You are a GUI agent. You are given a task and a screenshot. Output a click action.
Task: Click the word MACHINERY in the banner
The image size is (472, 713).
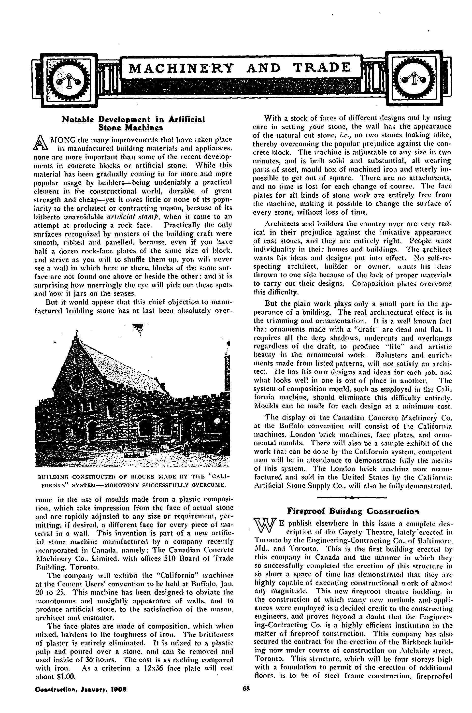[x=181, y=68]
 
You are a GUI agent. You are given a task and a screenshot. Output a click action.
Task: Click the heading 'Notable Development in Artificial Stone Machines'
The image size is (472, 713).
[x=133, y=123]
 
